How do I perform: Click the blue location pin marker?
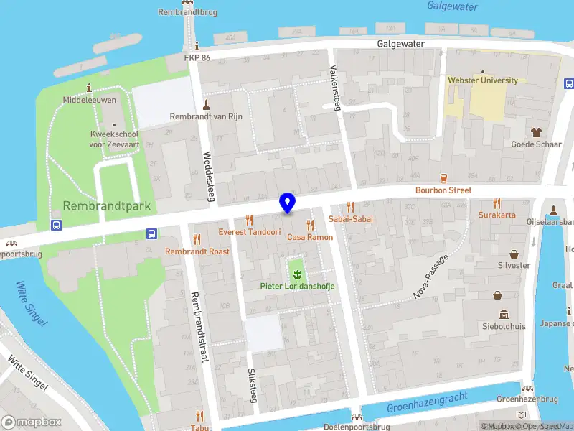(287, 203)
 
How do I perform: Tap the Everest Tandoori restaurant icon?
(250, 220)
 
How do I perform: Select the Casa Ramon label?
(310, 237)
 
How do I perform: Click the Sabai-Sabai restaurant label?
(350, 218)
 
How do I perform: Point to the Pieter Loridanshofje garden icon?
(296, 273)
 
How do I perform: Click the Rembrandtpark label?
(107, 206)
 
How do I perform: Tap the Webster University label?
(482, 80)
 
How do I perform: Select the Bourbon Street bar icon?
(443, 178)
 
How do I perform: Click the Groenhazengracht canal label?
(427, 402)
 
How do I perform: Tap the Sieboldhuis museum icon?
(504, 315)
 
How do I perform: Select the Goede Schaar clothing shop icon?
(535, 132)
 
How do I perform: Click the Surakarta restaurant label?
(497, 215)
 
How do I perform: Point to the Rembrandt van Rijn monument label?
(207, 116)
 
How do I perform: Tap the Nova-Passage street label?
(431, 276)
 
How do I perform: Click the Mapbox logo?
(32, 422)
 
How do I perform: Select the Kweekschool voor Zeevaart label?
(110, 139)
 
